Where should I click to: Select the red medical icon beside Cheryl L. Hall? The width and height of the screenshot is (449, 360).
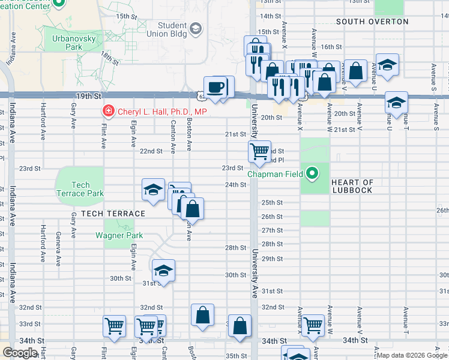tap(108, 112)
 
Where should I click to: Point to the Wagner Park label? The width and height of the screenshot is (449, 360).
tap(119, 235)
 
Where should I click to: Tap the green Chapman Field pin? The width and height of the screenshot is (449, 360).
tap(312, 175)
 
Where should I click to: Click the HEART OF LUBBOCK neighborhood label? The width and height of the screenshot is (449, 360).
tap(352, 186)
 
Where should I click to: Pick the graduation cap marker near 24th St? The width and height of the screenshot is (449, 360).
tap(153, 190)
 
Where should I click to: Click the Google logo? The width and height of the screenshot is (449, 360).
tap(20, 352)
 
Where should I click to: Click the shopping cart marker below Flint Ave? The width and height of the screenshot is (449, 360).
tap(114, 326)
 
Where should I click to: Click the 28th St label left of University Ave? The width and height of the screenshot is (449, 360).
tap(235, 248)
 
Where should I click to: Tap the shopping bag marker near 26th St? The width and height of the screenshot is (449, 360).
tap(193, 209)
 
